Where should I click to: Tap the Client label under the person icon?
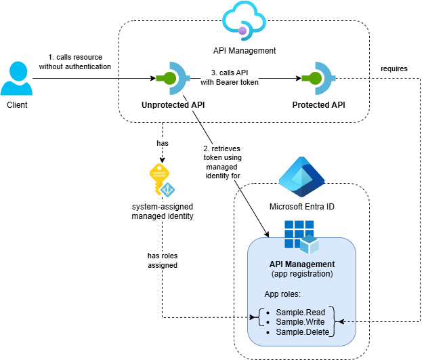click(18, 106)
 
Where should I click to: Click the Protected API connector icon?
click(319, 79)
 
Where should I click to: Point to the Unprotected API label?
click(173, 105)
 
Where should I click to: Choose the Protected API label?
click(319, 105)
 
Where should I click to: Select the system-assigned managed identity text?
click(163, 211)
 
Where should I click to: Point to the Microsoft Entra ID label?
click(301, 207)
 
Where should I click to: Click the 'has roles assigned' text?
click(163, 260)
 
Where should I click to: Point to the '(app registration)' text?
click(301, 275)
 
